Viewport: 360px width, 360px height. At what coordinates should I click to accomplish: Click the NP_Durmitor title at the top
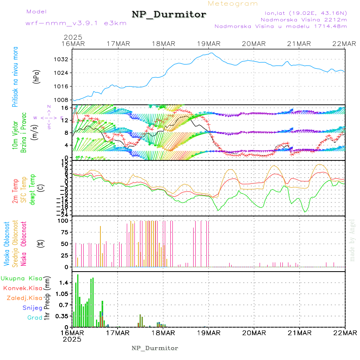click(169, 15)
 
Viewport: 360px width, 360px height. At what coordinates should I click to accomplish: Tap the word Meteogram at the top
click(233, 4)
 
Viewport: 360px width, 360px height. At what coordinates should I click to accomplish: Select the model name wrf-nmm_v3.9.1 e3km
click(76, 23)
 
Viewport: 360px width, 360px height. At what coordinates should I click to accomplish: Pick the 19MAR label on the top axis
click(208, 44)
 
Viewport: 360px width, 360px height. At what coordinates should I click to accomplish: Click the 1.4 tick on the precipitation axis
click(64, 282)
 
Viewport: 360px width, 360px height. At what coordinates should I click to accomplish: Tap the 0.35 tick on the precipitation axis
click(62, 316)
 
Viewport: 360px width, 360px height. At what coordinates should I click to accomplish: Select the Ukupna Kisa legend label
click(22, 278)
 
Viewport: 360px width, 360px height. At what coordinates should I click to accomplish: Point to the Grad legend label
click(34, 318)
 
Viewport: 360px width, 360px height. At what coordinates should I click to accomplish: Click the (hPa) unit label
click(36, 76)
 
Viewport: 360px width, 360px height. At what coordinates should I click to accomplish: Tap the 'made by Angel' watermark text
click(352, 240)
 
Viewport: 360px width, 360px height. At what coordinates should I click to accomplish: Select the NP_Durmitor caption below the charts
click(155, 348)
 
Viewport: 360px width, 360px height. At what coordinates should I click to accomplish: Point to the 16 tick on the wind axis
click(64, 108)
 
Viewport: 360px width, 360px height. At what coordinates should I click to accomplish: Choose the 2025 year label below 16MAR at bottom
click(72, 339)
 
